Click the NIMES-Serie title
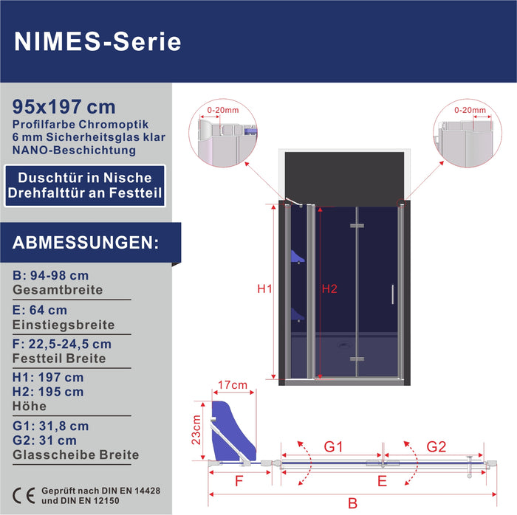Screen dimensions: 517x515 pyautogui.click(x=97, y=42)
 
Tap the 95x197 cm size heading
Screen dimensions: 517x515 pyautogui.click(x=64, y=107)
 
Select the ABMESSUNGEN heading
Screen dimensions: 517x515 pyautogui.click(x=86, y=243)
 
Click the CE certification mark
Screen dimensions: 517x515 pyautogui.click(x=24, y=496)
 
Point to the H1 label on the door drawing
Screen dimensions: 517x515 pyautogui.click(x=264, y=288)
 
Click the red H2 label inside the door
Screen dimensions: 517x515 pyautogui.click(x=329, y=288)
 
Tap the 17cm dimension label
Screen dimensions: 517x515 pyautogui.click(x=233, y=384)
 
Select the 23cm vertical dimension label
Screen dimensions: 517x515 pyautogui.click(x=196, y=429)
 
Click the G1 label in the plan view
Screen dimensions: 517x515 pyautogui.click(x=333, y=447)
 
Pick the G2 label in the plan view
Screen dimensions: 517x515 pyautogui.click(x=436, y=447)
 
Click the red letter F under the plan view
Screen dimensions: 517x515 pyautogui.click(x=239, y=481)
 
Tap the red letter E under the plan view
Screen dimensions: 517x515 pyautogui.click(x=382, y=481)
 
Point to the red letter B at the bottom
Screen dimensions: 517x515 pyautogui.click(x=352, y=503)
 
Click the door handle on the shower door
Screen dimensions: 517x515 pyautogui.click(x=392, y=294)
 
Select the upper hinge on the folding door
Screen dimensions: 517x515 pyautogui.click(x=357, y=226)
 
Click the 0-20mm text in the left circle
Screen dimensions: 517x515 pyautogui.click(x=223, y=110)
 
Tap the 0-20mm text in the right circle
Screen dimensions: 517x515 pyautogui.click(x=470, y=110)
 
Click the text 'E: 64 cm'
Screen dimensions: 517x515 pyautogui.click(x=40, y=310)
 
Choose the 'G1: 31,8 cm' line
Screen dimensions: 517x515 pyautogui.click(x=51, y=426)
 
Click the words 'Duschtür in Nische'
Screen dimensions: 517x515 pyautogui.click(x=85, y=178)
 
